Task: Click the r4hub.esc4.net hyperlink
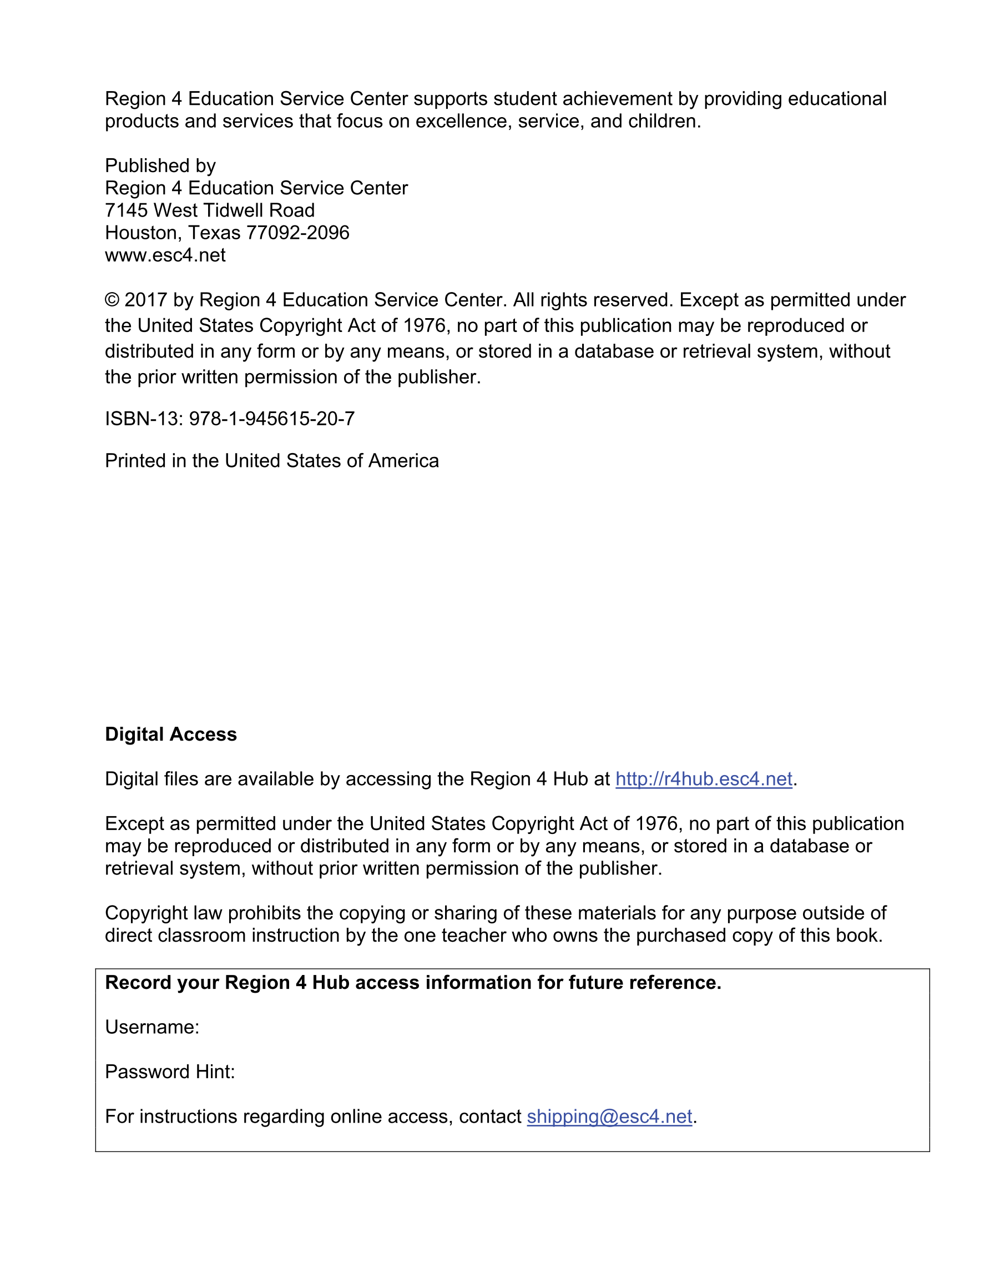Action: coord(704,779)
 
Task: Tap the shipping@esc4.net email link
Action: coord(609,1116)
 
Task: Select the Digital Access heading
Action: coord(171,735)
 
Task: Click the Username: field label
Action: coord(152,1027)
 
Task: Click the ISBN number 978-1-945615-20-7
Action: coord(272,419)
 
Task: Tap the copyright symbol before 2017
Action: coord(112,300)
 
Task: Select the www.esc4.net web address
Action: coord(165,255)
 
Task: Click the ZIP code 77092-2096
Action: coord(297,233)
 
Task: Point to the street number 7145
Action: coord(126,210)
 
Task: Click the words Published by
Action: coord(160,165)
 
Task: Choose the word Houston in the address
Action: coord(143,233)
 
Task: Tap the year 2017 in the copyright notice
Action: coord(145,300)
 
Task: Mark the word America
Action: coord(403,461)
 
